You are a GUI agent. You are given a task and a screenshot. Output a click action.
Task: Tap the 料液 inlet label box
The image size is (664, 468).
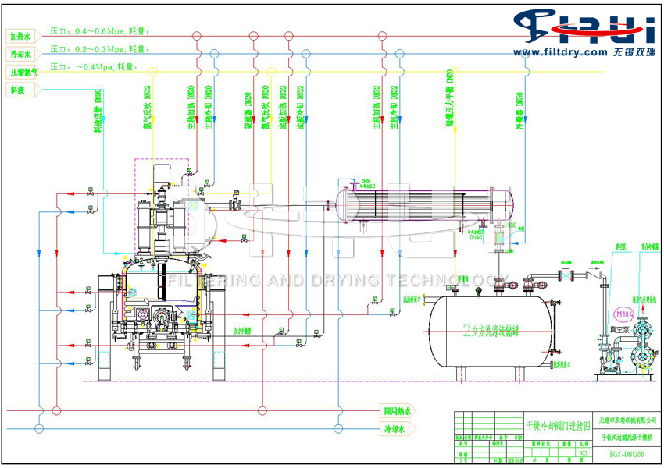click(x=18, y=90)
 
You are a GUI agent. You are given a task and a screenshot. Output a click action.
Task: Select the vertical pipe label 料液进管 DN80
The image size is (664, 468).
click(x=98, y=109)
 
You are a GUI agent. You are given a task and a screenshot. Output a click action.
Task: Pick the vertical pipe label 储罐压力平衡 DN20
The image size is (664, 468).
click(x=449, y=93)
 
